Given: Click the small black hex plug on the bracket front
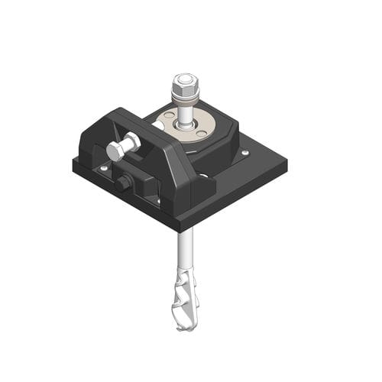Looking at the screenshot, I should [x=121, y=183].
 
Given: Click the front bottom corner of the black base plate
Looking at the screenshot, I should [x=178, y=228].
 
